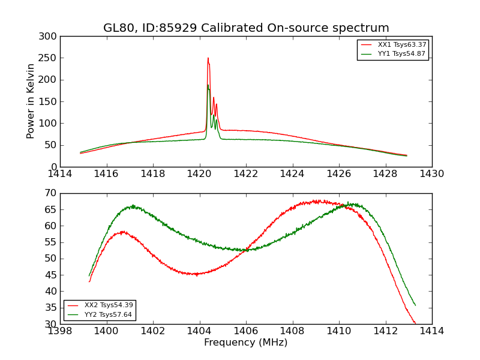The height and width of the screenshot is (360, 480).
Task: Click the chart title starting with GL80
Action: click(246, 28)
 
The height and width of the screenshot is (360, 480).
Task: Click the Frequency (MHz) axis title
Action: click(246, 343)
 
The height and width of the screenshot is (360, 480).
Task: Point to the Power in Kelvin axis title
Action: click(31, 101)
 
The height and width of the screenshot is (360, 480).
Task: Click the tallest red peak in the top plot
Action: click(208, 58)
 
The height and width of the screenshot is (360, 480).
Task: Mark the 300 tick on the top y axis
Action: click(50, 37)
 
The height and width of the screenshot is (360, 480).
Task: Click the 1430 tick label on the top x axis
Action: click(432, 174)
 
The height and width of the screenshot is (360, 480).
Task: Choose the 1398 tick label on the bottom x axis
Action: click(60, 331)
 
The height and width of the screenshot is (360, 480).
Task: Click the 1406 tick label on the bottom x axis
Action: click(246, 331)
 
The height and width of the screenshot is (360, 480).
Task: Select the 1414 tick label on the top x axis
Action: click(60, 174)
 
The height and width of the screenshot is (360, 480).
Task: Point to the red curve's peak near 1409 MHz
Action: click(317, 201)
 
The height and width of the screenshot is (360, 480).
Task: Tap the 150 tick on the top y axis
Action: click(50, 101)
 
